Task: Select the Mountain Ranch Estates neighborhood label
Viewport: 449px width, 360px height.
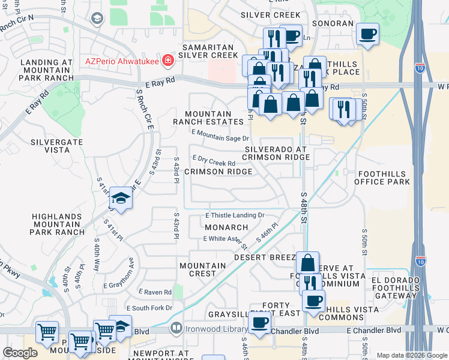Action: (x=208, y=118)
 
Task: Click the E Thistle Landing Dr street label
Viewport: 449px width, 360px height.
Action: (x=235, y=215)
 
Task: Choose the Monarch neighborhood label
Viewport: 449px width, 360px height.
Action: (x=226, y=227)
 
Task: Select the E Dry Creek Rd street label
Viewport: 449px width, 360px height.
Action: (x=213, y=163)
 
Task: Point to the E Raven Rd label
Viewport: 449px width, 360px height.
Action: (x=155, y=292)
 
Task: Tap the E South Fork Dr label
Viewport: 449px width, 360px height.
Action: (x=145, y=308)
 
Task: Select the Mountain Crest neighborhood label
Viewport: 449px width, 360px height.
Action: (x=198, y=269)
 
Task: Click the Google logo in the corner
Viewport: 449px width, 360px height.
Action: (x=20, y=353)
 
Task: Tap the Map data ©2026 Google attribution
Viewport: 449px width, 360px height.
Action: (x=412, y=355)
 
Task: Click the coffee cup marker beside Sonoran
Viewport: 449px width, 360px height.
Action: (x=367, y=34)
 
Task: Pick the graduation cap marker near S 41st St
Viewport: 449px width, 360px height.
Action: (x=121, y=199)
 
